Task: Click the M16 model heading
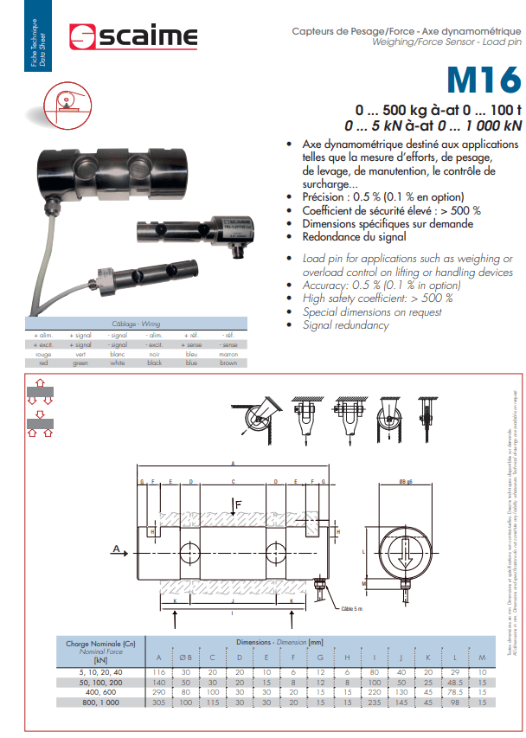[x=484, y=81]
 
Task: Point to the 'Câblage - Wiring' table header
[x=142, y=324]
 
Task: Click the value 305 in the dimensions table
[x=158, y=703]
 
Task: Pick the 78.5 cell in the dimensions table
[x=453, y=692]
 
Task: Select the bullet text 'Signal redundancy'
[x=346, y=325]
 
